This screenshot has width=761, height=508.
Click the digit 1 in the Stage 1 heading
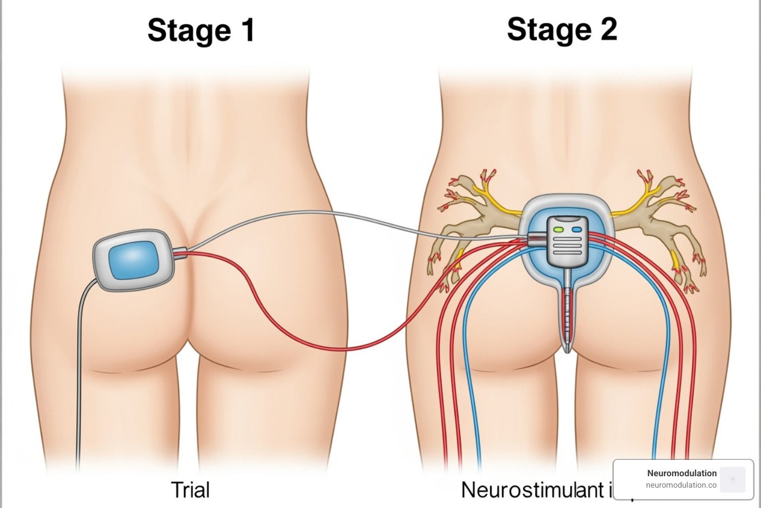pos(246,30)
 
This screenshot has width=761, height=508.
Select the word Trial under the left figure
pos(190,490)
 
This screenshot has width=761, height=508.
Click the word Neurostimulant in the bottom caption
pos(533,490)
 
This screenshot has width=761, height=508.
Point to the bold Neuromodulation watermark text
pos(682,473)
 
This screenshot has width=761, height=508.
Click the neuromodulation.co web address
pos(681,485)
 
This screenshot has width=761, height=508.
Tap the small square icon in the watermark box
pos(733,479)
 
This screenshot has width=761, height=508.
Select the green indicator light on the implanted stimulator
pos(559,230)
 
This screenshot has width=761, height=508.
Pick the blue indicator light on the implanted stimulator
pos(577,230)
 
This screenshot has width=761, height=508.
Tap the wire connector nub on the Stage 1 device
pos(179,254)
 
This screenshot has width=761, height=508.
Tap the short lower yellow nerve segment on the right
pos(675,258)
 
